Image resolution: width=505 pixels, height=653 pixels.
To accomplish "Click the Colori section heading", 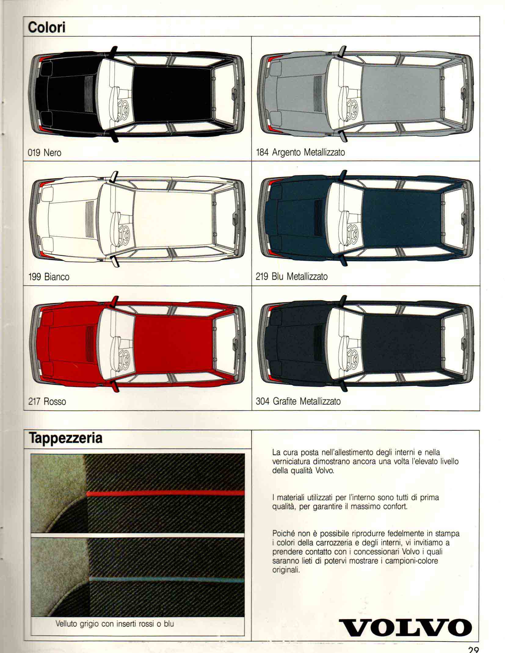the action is [46, 27].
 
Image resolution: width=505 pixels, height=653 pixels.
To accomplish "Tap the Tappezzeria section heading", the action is [65, 438].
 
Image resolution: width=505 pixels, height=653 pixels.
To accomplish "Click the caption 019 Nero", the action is [45, 152].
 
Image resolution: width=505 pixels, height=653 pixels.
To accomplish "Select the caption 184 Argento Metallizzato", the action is [300, 152].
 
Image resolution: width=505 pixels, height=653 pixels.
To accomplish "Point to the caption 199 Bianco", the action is [49, 277].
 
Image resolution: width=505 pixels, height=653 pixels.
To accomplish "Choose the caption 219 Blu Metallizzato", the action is [292, 276].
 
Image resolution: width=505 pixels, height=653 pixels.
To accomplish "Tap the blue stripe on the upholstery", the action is [167, 579].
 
